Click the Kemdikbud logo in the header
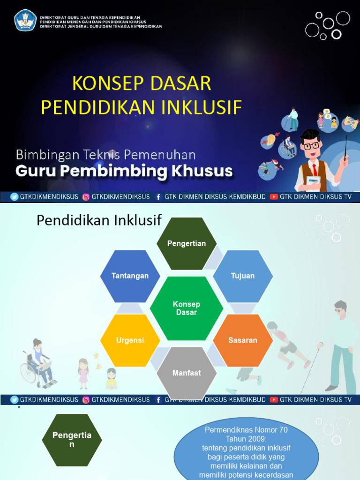(25, 20)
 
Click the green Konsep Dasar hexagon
(187, 308)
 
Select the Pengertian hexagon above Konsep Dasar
(187, 243)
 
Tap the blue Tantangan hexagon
(130, 276)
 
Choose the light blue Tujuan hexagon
(243, 276)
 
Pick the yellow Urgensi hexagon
(130, 340)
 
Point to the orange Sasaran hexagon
(243, 340)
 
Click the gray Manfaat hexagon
(187, 373)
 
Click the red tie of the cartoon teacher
(315, 169)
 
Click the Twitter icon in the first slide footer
(15, 197)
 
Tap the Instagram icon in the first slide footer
(86, 197)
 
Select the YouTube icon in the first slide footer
(274, 197)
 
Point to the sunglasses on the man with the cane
(339, 310)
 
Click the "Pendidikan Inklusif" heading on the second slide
(99, 220)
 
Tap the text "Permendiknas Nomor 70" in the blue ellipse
(246, 430)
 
